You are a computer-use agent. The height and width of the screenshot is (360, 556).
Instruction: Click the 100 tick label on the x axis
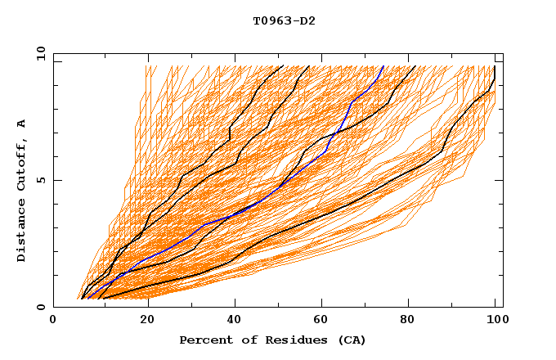pyautogui.click(x=495, y=320)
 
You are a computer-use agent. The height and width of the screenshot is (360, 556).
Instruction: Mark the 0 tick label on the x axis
pyautogui.click(x=53, y=320)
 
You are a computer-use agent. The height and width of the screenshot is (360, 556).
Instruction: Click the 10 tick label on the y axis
pyautogui.click(x=37, y=53)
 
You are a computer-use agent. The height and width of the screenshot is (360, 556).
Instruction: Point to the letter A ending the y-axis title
pyautogui.click(x=22, y=124)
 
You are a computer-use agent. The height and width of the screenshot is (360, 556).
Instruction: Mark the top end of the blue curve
pyautogui.click(x=383, y=66)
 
